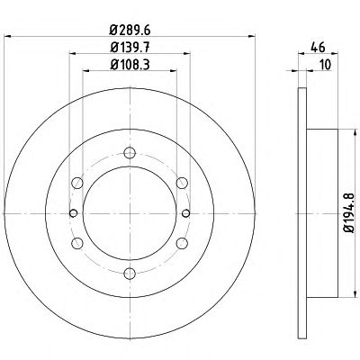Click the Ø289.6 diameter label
tap(130, 30)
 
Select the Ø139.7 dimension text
tap(130, 47)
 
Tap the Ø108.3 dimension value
tap(130, 64)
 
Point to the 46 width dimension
tap(318, 47)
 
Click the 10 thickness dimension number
tap(325, 65)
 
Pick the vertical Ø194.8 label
tap(349, 212)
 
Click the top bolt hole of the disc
tap(130, 153)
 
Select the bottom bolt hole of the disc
tap(130, 273)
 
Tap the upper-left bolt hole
tap(77, 183)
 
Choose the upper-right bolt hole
tap(182, 183)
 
